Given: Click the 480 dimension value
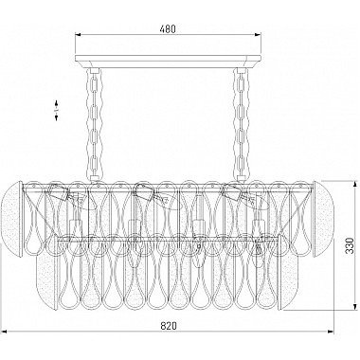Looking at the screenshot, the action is point(168,29).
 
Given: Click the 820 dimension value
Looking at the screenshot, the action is point(168,325).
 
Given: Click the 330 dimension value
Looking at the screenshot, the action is point(349,245).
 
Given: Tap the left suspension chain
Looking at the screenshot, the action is point(93,125).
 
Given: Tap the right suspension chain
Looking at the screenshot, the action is point(242,125).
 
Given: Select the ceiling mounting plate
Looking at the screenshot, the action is point(168,62).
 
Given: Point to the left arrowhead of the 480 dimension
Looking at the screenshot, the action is point(78,34).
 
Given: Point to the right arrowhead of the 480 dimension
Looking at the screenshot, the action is point(259,34).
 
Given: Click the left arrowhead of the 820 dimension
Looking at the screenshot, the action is point(5,332).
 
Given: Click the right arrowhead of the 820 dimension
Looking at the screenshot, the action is point(331,332).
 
